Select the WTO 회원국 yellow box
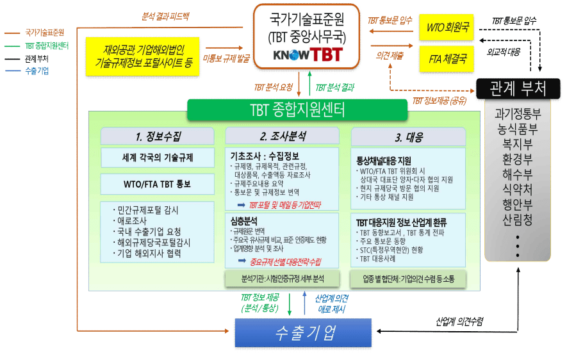click(x=447, y=28)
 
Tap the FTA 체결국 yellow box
click(x=447, y=58)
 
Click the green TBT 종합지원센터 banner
click(x=298, y=110)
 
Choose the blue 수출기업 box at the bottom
click(x=303, y=333)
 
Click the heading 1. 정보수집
click(x=158, y=136)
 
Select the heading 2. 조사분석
click(x=283, y=136)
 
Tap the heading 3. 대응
click(x=408, y=136)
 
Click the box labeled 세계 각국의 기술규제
click(x=158, y=158)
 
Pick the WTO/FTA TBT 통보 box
click(x=158, y=184)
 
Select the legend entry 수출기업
click(x=37, y=71)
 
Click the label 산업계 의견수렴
click(x=460, y=320)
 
